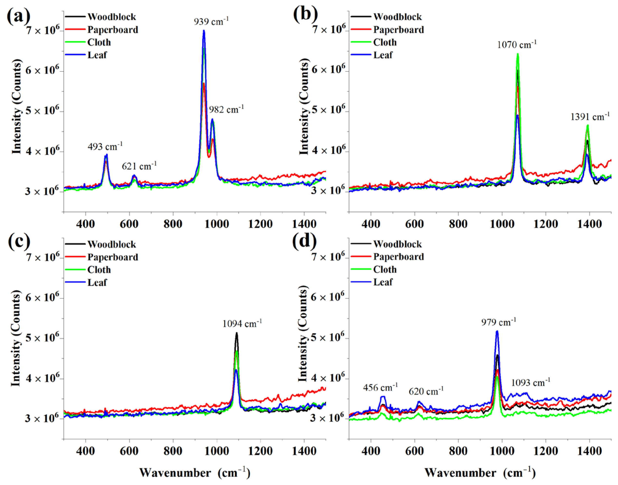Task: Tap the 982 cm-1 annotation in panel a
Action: (x=226, y=110)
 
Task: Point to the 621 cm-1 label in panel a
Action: (x=139, y=166)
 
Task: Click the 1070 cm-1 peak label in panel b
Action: (x=517, y=45)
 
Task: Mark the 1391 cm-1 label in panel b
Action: (x=590, y=117)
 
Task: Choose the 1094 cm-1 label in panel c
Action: (x=242, y=324)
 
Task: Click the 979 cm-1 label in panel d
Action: (x=498, y=322)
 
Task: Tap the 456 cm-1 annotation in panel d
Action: (x=380, y=388)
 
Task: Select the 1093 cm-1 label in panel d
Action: (x=531, y=383)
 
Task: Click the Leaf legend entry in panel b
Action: (x=383, y=55)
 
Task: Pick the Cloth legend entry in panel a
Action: (x=99, y=43)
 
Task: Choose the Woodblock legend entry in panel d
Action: (x=397, y=244)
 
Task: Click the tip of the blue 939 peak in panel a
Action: (x=204, y=31)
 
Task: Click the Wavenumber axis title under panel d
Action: (x=480, y=473)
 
